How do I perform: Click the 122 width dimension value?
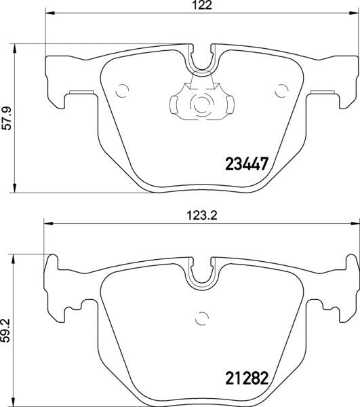click(x=197, y=5)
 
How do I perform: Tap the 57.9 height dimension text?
click(x=7, y=118)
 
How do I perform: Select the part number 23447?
click(x=247, y=163)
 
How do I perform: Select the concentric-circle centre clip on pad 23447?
click(x=201, y=104)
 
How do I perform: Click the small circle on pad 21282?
click(x=201, y=315)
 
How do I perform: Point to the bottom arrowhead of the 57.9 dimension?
click(x=16, y=188)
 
